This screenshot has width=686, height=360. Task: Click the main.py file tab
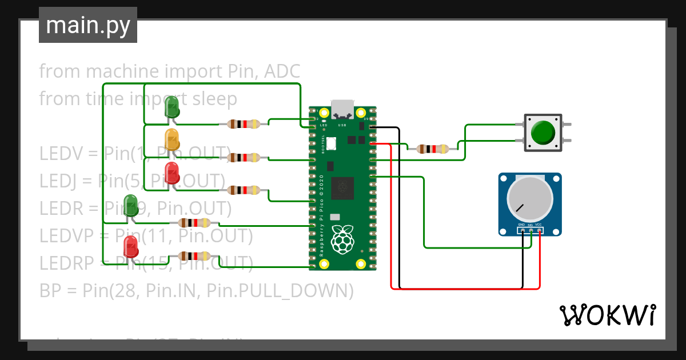pyautogui.click(x=88, y=26)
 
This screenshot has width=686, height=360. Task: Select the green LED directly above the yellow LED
pyautogui.click(x=171, y=106)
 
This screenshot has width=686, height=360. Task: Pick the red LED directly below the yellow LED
pyautogui.click(x=171, y=171)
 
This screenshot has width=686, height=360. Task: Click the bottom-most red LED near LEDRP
pyautogui.click(x=131, y=246)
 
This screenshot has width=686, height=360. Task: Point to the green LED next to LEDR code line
pyautogui.click(x=131, y=205)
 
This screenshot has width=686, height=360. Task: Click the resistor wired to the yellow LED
pyautogui.click(x=244, y=157)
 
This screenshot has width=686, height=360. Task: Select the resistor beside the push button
pyautogui.click(x=432, y=149)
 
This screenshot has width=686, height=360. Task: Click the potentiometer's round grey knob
pyautogui.click(x=530, y=198)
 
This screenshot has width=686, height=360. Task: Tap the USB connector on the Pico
pyautogui.click(x=343, y=109)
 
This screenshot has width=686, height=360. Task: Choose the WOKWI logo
pyautogui.click(x=607, y=315)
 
